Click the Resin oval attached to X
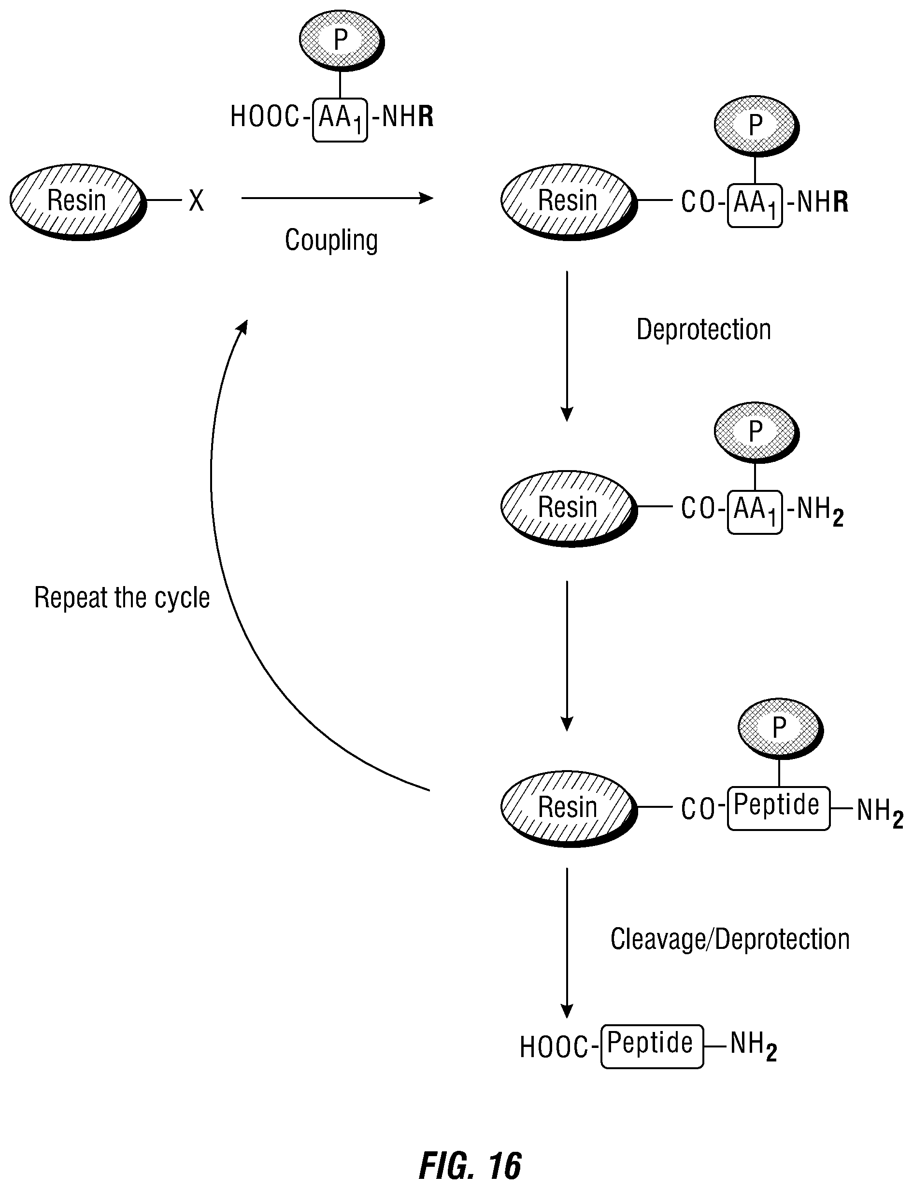point(78,201)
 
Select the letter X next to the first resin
point(196,201)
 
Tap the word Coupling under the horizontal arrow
point(331,240)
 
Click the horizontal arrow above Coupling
point(337,199)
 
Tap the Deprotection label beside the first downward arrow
point(704,329)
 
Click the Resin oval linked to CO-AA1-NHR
point(569,201)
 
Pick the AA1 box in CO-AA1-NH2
point(755,512)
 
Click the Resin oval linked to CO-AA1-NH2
point(569,508)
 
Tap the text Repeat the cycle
point(122,598)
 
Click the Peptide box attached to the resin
point(779,808)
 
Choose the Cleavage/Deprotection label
point(730,939)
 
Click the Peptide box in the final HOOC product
point(652,1047)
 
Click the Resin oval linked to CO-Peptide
point(569,808)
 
